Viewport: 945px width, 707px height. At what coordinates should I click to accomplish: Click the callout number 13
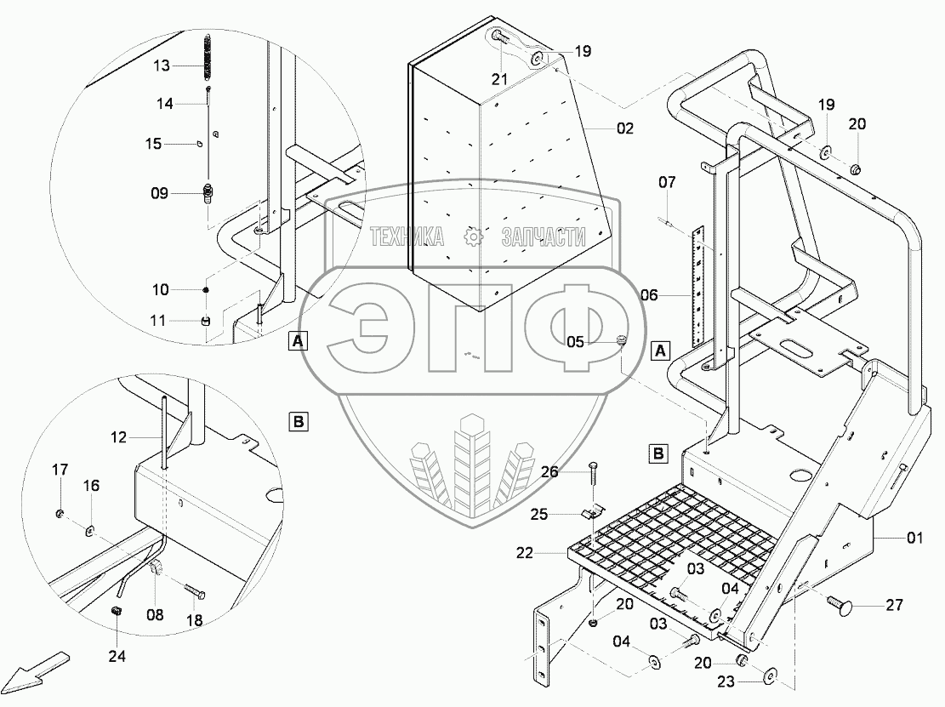click(x=162, y=65)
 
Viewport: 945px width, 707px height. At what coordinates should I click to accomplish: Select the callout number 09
click(x=160, y=194)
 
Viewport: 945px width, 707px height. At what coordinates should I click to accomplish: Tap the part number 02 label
click(x=626, y=129)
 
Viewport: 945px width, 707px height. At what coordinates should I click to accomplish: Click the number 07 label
click(x=667, y=181)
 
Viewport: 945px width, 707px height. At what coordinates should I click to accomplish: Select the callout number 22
click(x=525, y=553)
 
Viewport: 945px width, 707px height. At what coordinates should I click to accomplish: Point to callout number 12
click(x=118, y=437)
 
